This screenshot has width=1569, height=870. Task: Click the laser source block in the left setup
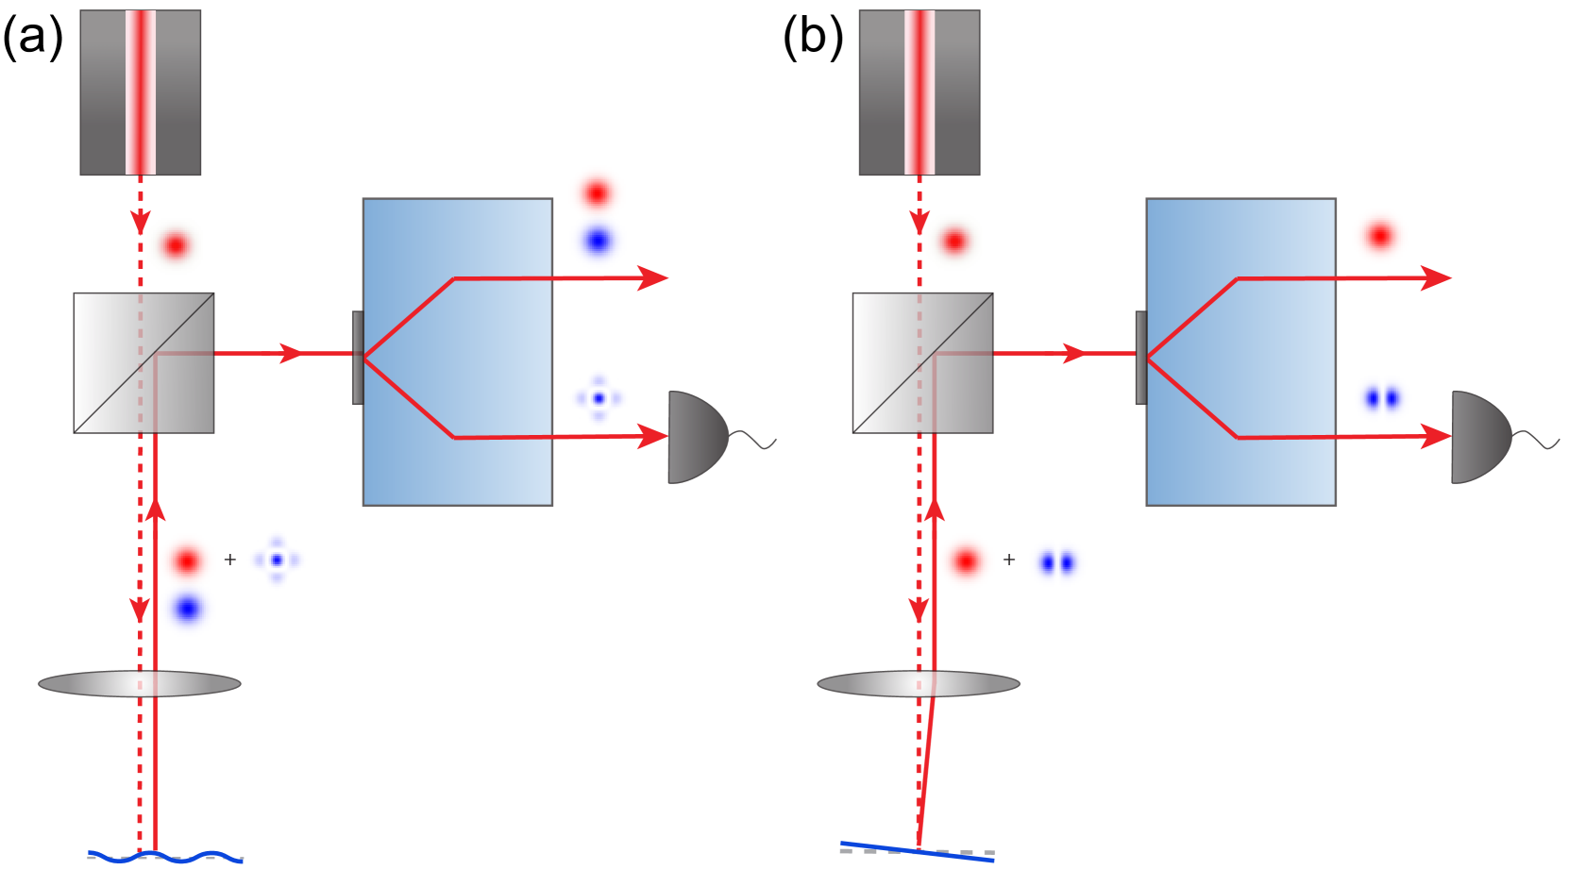[x=141, y=92]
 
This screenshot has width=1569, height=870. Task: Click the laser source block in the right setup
[x=919, y=92]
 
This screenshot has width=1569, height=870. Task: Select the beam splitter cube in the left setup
[x=143, y=362]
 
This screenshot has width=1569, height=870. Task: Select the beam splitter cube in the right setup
[x=922, y=362]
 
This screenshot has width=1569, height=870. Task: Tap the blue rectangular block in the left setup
[x=457, y=351]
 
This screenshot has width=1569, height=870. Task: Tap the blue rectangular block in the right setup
[x=1240, y=351]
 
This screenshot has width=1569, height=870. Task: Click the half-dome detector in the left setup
[x=697, y=437]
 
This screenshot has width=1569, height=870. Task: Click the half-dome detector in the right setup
[x=1479, y=437]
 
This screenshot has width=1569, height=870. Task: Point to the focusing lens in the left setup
[x=140, y=684]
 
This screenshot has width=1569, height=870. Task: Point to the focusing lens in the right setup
[x=919, y=684]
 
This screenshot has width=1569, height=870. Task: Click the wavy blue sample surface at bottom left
[x=166, y=857]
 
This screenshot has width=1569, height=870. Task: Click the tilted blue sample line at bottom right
[x=917, y=851]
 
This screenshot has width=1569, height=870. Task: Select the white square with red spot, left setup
[x=176, y=245]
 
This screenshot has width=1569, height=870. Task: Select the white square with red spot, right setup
[x=954, y=242]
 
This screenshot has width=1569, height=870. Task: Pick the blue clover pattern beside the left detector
[x=599, y=398]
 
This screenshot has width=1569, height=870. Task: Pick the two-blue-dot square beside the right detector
[x=1382, y=398]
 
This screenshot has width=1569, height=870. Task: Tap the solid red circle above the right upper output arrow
[x=1380, y=236]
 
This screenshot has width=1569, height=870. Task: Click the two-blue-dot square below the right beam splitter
[x=1057, y=562]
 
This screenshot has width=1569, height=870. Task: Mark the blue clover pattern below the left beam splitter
[x=277, y=560]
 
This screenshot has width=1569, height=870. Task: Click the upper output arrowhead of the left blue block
[x=654, y=278]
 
